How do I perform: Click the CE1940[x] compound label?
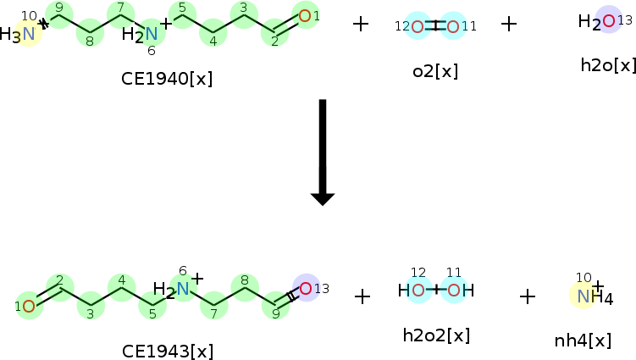tap(167, 79)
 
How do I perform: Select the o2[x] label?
tap(435, 71)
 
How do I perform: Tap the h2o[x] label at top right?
tap(608, 65)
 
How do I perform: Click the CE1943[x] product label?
tap(167, 351)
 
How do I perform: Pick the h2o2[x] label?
tap(436, 335)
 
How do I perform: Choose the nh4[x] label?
tap(583, 341)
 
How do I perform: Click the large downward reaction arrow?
tap(323, 152)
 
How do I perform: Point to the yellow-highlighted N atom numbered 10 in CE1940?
tap(29, 34)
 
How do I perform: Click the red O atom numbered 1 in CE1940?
tap(305, 16)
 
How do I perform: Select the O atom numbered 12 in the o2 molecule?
tap(418, 27)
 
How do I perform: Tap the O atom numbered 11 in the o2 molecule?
tap(453, 27)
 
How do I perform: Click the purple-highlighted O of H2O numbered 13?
tap(609, 20)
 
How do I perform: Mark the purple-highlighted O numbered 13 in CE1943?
tap(306, 289)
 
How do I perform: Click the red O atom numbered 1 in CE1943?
tap(29, 307)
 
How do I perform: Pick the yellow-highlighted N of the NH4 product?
tap(583, 296)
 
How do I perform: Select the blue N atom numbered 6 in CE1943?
tap(183, 289)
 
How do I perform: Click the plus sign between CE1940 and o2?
tap(361, 24)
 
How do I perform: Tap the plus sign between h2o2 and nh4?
tap(528, 296)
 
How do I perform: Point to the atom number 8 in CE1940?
tap(90, 41)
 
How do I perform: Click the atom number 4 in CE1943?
tap(122, 280)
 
